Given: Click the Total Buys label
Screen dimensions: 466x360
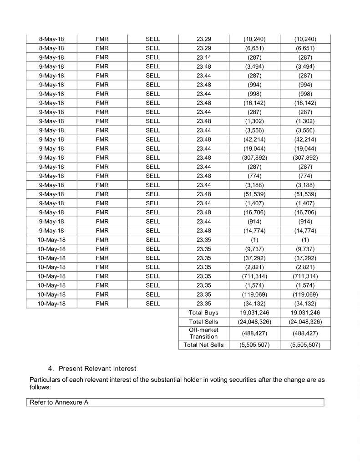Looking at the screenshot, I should pyautogui.click(x=203, y=313).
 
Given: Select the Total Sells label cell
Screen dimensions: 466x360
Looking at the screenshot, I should pyautogui.click(x=203, y=322).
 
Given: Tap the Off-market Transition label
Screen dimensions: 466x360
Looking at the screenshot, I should pyautogui.click(x=203, y=333).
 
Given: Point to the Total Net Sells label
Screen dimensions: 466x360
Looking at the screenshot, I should pyautogui.click(x=203, y=345).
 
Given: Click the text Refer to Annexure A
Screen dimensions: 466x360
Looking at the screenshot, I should pyautogui.click(x=59, y=403).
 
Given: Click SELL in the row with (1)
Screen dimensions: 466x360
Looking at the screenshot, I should pyautogui.click(x=153, y=239).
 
